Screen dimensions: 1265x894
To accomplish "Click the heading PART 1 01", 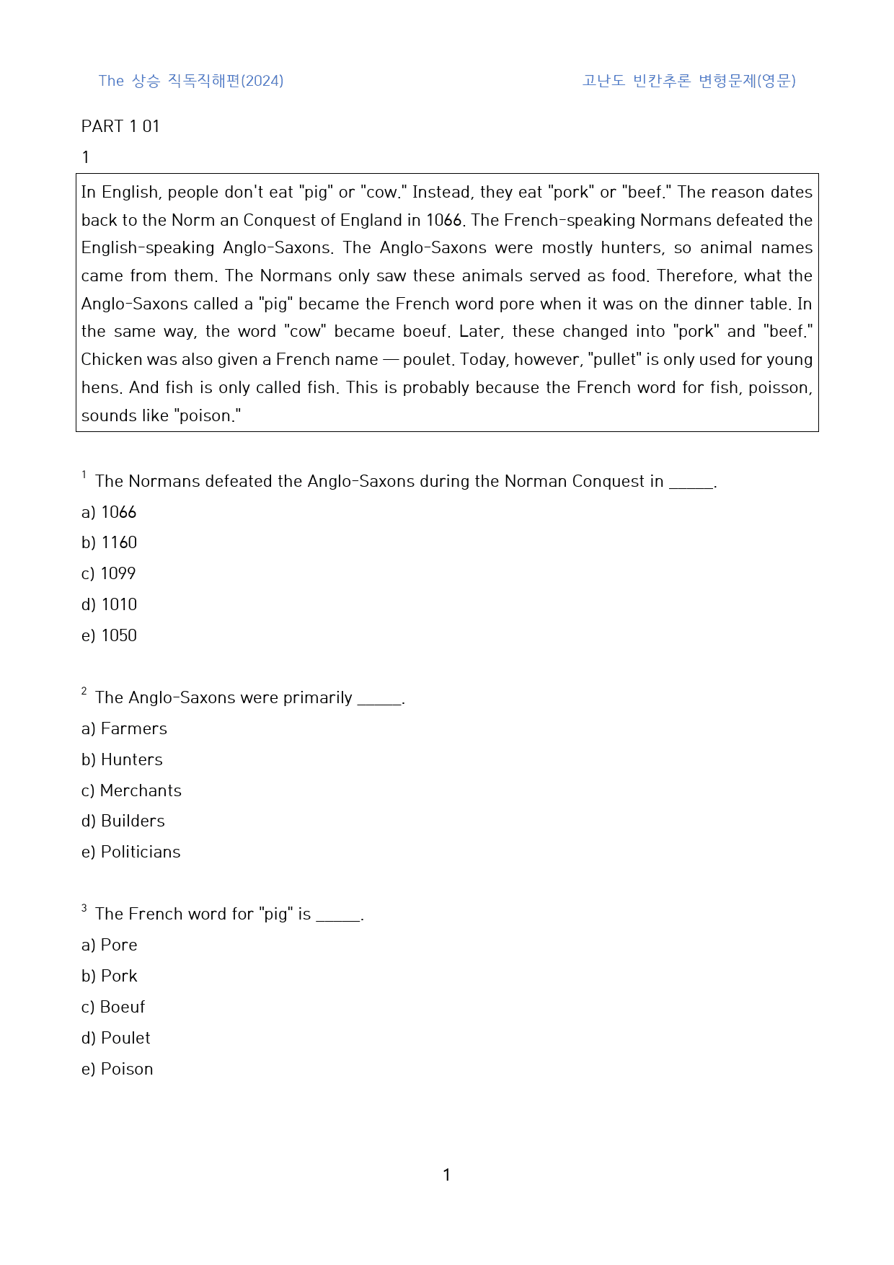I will tap(120, 126).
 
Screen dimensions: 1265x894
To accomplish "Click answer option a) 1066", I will tap(109, 512).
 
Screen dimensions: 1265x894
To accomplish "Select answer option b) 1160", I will tap(109, 542).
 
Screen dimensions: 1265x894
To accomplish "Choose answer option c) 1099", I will tap(108, 573).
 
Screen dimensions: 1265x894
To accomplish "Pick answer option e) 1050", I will tap(109, 635).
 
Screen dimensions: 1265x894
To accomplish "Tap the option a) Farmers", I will tap(124, 728).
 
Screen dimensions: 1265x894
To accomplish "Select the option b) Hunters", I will tap(122, 759).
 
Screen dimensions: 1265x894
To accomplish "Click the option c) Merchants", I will tap(131, 790).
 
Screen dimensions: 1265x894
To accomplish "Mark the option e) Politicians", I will tap(130, 852).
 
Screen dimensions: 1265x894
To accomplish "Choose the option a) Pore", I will tap(109, 945).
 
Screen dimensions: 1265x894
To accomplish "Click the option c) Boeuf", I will tap(113, 1007).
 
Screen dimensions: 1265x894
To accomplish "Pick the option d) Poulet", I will tap(115, 1038).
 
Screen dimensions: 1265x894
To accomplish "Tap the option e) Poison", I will tap(117, 1069).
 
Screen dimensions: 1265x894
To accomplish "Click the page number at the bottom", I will tap(446, 1175).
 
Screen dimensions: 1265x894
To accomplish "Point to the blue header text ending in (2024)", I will tap(191, 81).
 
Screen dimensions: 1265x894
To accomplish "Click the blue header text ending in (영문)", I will tap(689, 81).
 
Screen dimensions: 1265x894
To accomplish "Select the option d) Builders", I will tap(123, 821).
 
